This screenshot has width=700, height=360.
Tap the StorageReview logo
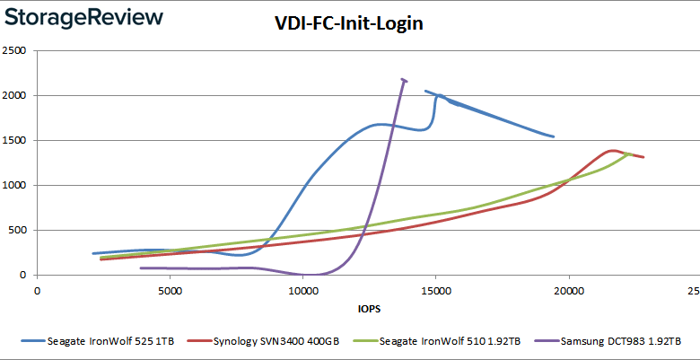83,17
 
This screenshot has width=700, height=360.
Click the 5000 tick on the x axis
170,290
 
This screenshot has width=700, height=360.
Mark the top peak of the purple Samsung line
403,79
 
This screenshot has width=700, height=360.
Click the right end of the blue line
554,136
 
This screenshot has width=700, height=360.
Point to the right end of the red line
643,157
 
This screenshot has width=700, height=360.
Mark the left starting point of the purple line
141,268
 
